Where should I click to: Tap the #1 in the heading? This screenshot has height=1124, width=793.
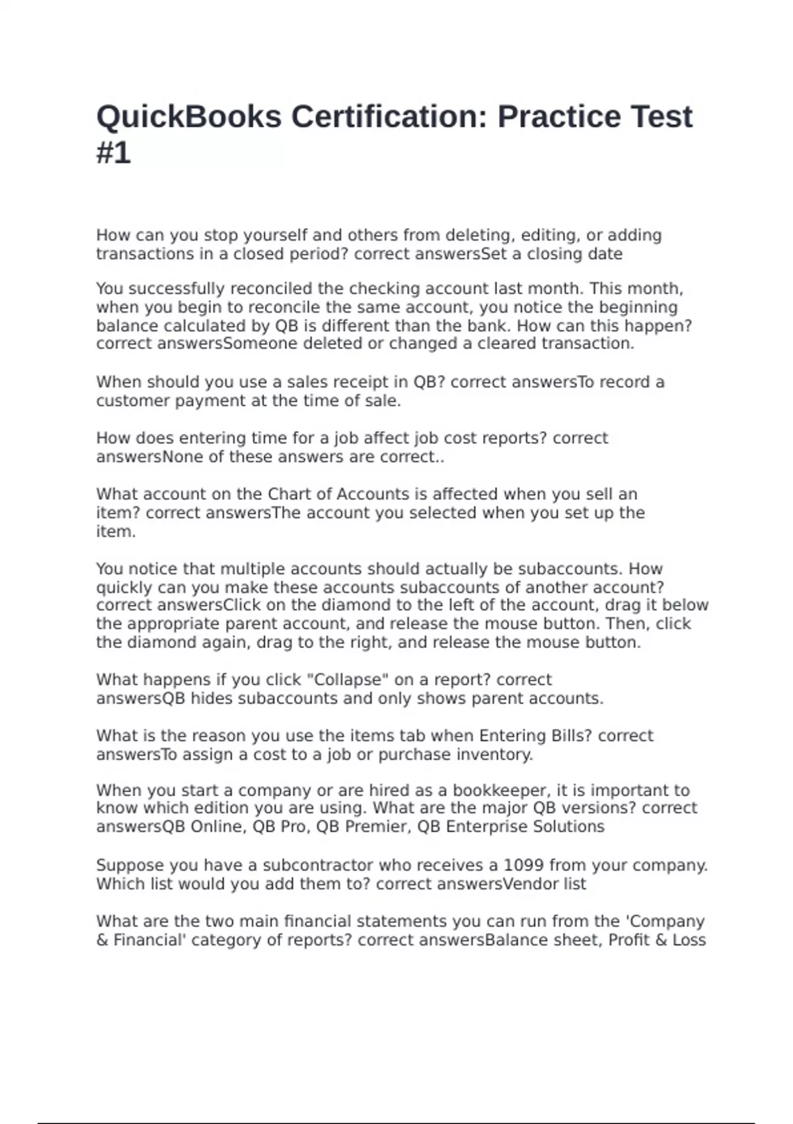click(x=114, y=153)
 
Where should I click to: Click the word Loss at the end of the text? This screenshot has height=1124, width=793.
click(x=689, y=940)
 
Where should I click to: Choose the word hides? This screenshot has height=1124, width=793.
click(x=211, y=698)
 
